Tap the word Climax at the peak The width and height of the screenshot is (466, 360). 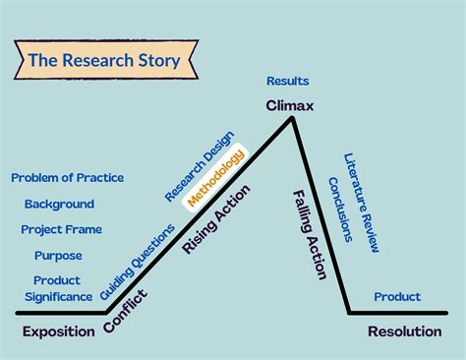(x=288, y=104)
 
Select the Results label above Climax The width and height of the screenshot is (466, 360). (x=287, y=81)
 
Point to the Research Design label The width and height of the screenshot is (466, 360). (x=206, y=162)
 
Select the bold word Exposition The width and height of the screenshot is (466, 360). (x=58, y=331)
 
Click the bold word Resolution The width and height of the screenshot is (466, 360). (x=404, y=331)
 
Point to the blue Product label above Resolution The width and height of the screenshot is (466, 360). (x=397, y=296)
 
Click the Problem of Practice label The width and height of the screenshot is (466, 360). (x=67, y=178)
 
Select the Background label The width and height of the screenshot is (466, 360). (x=59, y=204)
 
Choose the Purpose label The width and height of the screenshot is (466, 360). (x=58, y=255)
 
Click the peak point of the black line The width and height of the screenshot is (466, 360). (x=292, y=118)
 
